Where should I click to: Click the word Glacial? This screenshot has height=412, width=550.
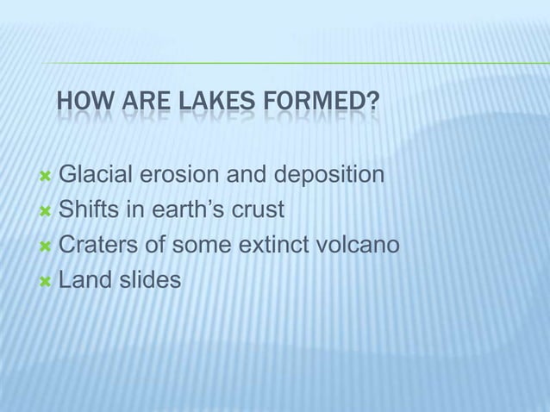click(x=98, y=177)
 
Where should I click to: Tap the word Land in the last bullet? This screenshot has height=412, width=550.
click(x=82, y=280)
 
